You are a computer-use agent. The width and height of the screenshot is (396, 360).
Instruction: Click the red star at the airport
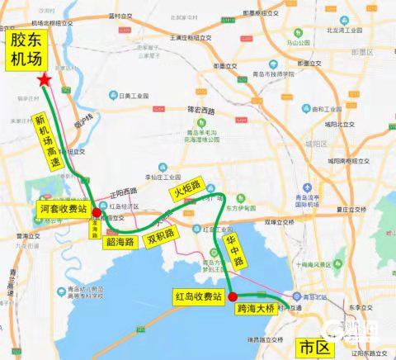44,78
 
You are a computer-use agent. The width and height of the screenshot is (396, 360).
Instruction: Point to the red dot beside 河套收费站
97,213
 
